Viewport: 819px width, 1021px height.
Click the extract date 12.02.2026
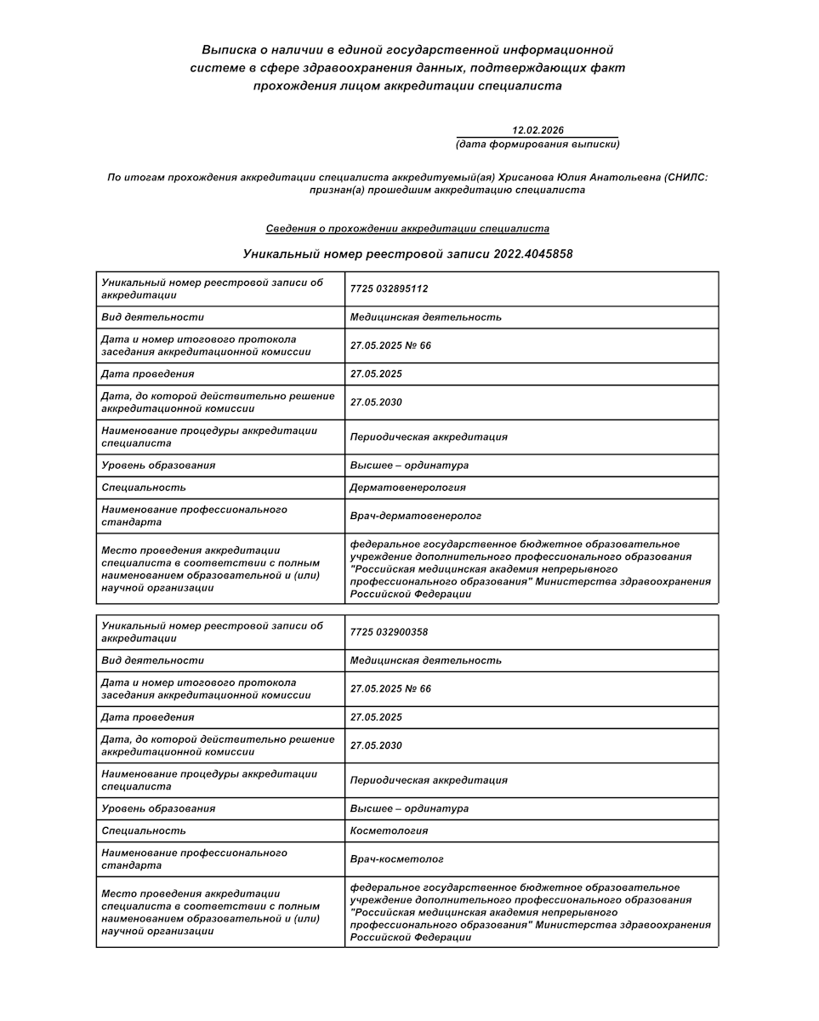click(537, 130)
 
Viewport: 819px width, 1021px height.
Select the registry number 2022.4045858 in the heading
click(532, 254)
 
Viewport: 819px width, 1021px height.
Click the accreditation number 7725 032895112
click(389, 288)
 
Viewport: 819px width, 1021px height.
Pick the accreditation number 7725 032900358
click(389, 631)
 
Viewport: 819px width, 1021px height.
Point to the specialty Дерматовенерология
click(407, 488)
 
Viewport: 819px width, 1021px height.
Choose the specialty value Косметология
click(389, 830)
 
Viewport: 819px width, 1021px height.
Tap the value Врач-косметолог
click(396, 859)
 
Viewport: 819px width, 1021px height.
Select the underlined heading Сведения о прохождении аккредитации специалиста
click(407, 229)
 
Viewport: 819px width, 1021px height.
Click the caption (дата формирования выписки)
click(537, 144)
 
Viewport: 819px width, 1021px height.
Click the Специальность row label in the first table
click(143, 488)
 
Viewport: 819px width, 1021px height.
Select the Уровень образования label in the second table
click(157, 808)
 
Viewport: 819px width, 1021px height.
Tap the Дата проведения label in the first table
click(147, 374)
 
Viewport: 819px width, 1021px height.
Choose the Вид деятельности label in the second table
click(152, 660)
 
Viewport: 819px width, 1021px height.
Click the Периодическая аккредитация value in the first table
click(429, 436)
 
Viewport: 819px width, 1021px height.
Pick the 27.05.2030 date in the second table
click(376, 745)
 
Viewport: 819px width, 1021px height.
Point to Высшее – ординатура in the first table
click(409, 465)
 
